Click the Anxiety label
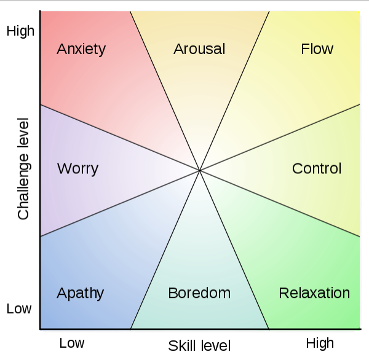81,49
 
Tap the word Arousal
199,49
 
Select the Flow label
317,49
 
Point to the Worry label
77,168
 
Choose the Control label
317,168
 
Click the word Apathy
80,293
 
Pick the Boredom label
199,293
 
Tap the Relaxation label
314,293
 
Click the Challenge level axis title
23,169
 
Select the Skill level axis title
199,345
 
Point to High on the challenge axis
20,31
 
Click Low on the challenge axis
19,309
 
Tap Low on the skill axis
72,343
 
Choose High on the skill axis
320,343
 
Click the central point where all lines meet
200,170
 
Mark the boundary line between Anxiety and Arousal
165,90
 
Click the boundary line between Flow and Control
280,138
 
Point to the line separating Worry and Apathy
120,203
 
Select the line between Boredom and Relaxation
234,249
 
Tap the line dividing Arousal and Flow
234,90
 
